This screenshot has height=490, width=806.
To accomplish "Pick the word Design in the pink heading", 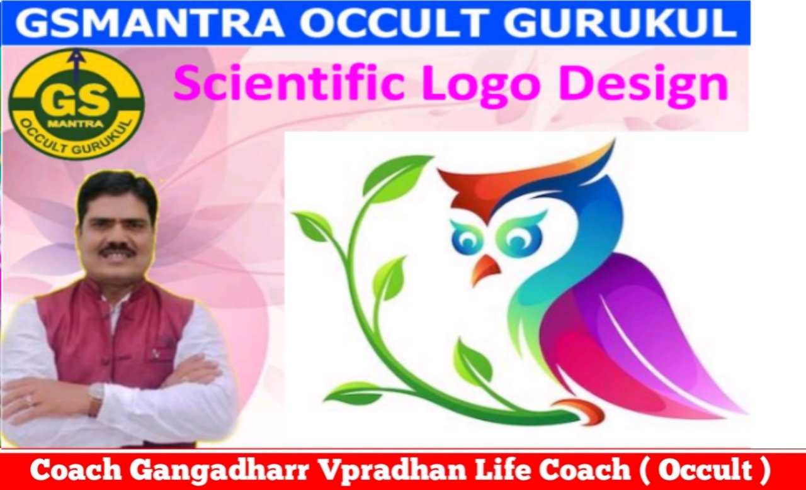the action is click(644, 86).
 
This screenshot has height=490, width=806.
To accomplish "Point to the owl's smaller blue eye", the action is click(465, 242).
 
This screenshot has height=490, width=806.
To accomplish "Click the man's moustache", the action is click(118, 249).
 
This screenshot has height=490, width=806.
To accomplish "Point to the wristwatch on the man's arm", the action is click(96, 394).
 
